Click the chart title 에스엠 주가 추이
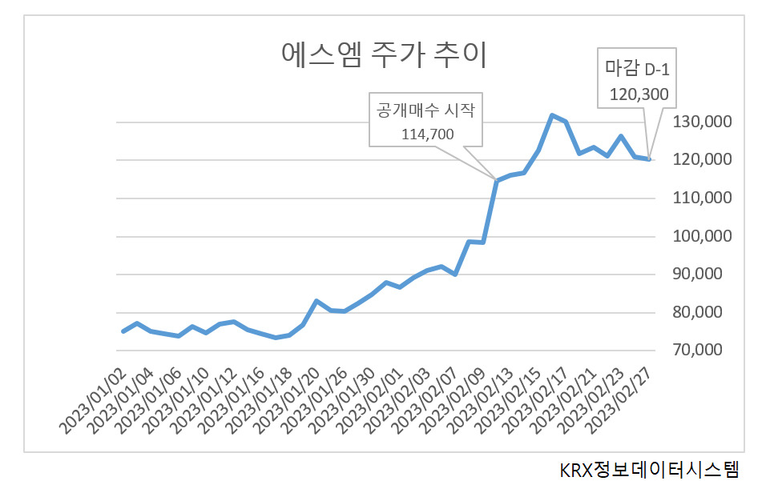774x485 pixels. [384, 54]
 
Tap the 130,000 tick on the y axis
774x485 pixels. [702, 122]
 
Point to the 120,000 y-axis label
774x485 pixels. [702, 159]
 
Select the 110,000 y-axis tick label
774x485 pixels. [702, 198]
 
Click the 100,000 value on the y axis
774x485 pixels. [702, 235]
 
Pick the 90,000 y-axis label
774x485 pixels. [697, 274]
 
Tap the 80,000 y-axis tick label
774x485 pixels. [697, 312]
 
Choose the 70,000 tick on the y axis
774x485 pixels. [697, 350]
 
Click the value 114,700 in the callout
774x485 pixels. [428, 134]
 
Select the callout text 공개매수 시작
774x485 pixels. [425, 110]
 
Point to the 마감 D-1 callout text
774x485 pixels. [637, 69]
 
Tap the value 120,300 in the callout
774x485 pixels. [639, 94]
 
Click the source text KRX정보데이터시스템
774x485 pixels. [650, 469]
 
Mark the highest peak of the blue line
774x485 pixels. [552, 115]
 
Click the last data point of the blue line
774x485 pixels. [649, 158]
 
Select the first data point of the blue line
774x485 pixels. [123, 331]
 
